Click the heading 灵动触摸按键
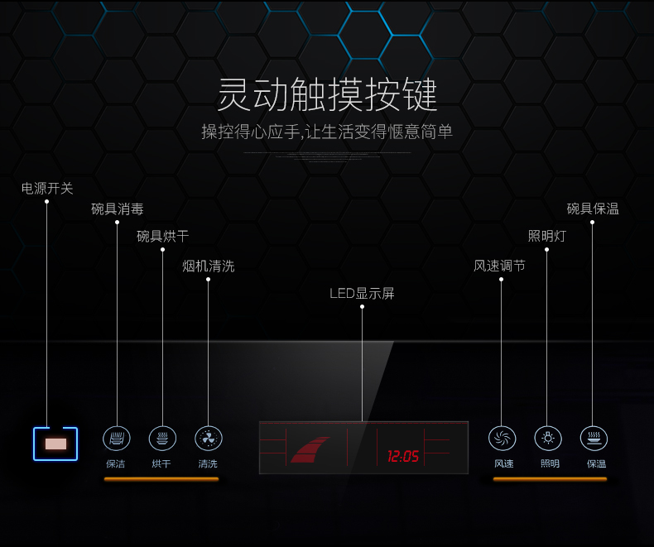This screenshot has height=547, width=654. [327, 96]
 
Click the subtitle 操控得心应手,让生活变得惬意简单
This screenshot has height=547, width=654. [327, 132]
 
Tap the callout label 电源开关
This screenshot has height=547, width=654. [47, 189]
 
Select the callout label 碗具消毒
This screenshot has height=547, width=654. [117, 209]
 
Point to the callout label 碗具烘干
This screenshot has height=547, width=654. [162, 237]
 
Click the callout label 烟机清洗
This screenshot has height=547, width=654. [208, 266]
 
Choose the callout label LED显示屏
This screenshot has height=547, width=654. [362, 293]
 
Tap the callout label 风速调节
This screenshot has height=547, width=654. [499, 266]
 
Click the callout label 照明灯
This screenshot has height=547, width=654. [546, 236]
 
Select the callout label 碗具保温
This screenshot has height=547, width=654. [593, 209]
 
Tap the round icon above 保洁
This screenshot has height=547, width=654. [117, 439]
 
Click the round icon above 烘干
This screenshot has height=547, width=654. [162, 439]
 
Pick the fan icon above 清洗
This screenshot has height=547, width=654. [208, 439]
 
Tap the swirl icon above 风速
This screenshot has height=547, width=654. [503, 439]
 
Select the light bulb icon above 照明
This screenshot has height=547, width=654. [548, 439]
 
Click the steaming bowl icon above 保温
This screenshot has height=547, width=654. [594, 439]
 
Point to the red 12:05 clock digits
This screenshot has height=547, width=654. [403, 456]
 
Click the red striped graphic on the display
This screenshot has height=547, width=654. [310, 449]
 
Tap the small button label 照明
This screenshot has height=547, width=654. [549, 464]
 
